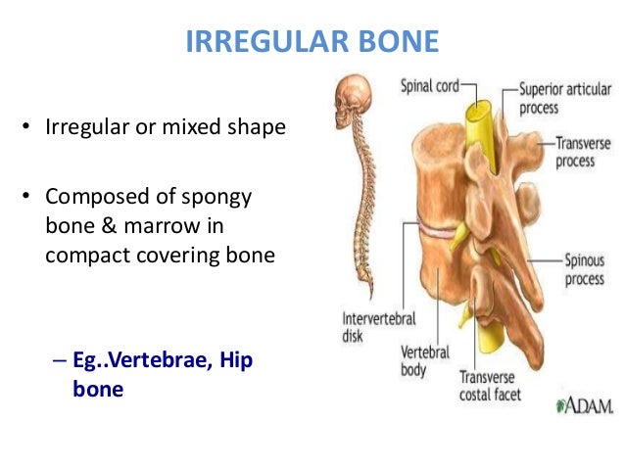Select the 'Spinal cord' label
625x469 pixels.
pyautogui.click(x=429, y=86)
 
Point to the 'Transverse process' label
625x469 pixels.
pyautogui.click(x=582, y=151)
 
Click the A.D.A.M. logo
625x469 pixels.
pyautogui.click(x=584, y=404)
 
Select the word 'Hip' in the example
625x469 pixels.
pyautogui.click(x=235, y=360)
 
